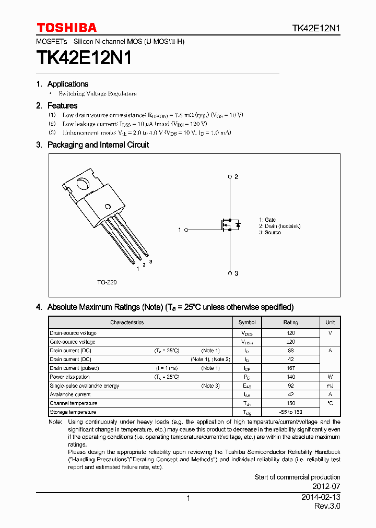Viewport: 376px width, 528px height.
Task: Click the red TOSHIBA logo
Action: [x=66, y=28]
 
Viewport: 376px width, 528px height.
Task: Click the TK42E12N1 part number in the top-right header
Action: [x=316, y=29]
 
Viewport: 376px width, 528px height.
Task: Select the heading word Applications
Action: [x=68, y=84]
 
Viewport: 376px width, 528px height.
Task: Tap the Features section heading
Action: [x=62, y=106]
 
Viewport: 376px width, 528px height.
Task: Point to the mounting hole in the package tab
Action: [x=83, y=184]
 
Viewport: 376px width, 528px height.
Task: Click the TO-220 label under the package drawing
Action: [x=107, y=282]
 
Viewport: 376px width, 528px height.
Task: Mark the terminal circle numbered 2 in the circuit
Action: [x=230, y=177]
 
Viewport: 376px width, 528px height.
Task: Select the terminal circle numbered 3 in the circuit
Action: [x=230, y=273]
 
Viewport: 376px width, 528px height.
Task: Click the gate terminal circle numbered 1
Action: [x=186, y=230]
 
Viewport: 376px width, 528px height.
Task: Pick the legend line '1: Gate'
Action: [x=267, y=220]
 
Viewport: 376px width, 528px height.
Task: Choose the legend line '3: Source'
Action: [x=270, y=233]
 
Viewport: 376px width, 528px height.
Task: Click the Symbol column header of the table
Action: [x=247, y=322]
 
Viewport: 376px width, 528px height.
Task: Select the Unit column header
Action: [x=330, y=322]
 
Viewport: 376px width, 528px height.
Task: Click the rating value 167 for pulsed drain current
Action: [x=291, y=368]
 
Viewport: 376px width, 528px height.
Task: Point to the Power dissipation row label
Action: [x=70, y=377]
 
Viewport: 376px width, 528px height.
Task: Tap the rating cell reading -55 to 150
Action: [x=291, y=412]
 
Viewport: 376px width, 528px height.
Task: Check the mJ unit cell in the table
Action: [x=330, y=386]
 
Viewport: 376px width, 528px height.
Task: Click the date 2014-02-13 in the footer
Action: [x=321, y=498]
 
